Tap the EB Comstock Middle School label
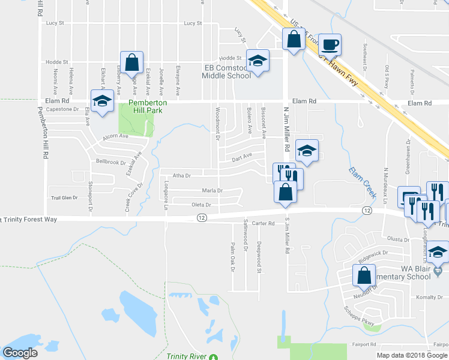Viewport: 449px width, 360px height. (x=226, y=72)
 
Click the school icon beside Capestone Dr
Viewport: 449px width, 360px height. (x=101, y=100)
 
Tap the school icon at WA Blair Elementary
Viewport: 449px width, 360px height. (x=438, y=252)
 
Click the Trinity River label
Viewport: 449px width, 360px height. (x=187, y=356)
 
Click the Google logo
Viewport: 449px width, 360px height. (x=20, y=353)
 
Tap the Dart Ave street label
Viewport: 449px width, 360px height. (x=243, y=157)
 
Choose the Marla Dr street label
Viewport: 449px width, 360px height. (x=212, y=191)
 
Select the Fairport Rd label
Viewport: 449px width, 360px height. (x=364, y=344)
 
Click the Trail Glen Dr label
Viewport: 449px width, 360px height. (x=65, y=197)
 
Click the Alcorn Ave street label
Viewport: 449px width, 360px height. (x=116, y=136)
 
